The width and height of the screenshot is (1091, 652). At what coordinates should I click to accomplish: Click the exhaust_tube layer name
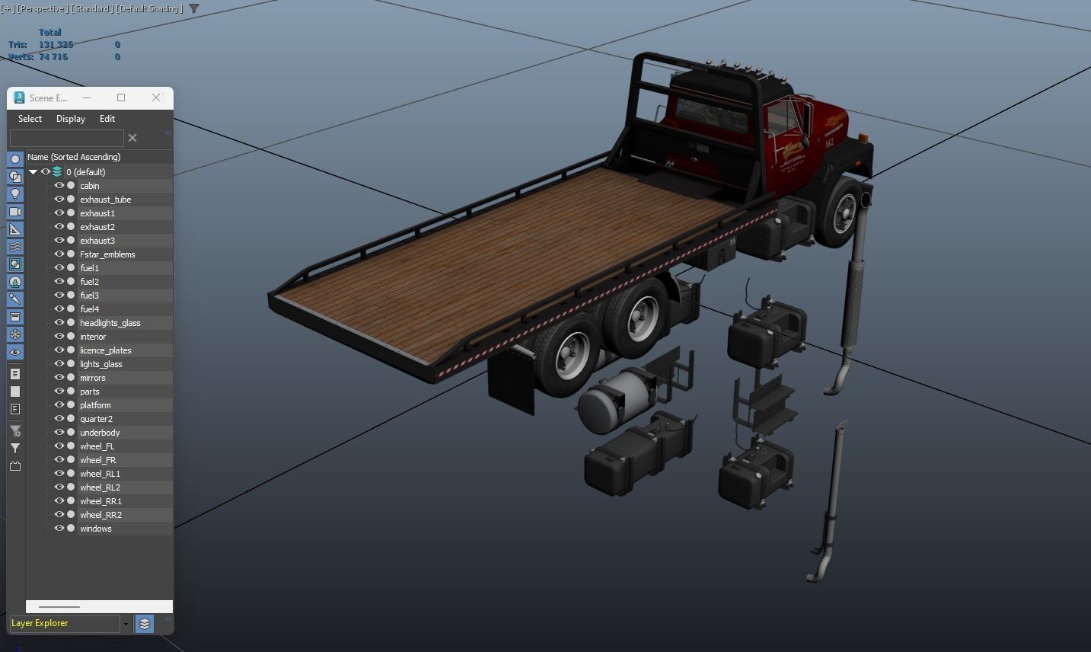(105, 200)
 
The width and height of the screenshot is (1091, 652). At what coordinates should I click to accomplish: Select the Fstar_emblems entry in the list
(107, 254)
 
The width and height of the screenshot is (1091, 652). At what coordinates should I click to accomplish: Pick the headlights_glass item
(110, 323)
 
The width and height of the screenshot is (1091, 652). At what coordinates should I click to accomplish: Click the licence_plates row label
(105, 350)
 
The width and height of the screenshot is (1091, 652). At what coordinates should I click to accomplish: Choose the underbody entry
(100, 433)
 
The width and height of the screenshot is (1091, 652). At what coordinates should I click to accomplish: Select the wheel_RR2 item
(100, 515)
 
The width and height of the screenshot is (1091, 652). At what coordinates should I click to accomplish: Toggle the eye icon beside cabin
(59, 186)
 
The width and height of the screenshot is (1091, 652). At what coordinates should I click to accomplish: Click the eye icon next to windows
(59, 529)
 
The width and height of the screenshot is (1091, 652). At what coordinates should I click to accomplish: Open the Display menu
(71, 119)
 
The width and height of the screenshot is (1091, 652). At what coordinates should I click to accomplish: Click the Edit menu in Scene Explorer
(107, 119)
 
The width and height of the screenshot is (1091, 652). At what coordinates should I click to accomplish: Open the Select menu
(30, 119)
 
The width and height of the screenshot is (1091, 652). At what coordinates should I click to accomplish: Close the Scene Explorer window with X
(156, 97)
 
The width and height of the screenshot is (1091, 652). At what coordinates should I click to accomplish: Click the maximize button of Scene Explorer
(121, 97)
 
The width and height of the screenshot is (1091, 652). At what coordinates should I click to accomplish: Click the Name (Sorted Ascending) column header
(74, 157)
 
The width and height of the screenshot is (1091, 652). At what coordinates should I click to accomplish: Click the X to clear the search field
(132, 138)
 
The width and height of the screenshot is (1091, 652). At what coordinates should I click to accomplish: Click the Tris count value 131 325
(56, 45)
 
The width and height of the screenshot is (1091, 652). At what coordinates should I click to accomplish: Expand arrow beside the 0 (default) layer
(33, 172)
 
